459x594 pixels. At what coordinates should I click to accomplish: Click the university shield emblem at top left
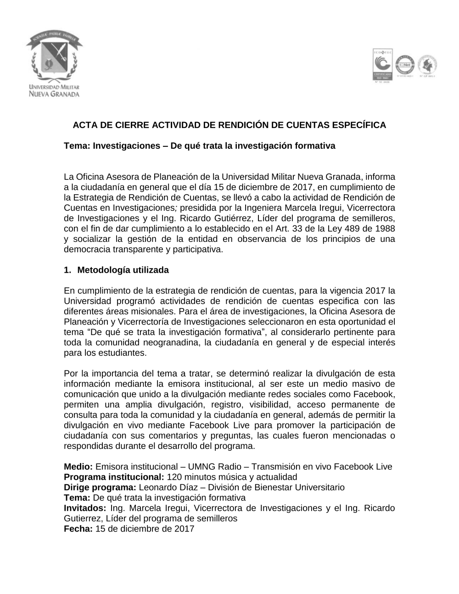coord(54,57)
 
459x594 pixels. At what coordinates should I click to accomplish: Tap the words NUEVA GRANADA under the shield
coord(54,94)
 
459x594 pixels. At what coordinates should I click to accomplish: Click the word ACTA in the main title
coord(84,125)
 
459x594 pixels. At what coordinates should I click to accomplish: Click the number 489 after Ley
coord(351,229)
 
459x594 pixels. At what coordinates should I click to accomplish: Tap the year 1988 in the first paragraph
coord(385,229)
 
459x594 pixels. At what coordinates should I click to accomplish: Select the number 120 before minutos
coord(174,477)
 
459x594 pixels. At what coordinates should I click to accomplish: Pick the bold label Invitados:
coord(85,508)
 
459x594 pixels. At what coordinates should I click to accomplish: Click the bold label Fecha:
coord(78,529)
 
